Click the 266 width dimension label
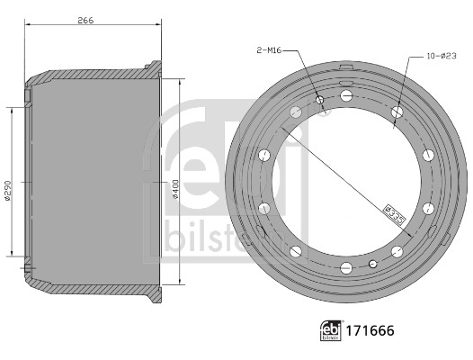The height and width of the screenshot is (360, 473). (85, 20)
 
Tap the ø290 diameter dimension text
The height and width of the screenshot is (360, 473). (8, 191)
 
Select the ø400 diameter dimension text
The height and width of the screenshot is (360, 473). (175, 189)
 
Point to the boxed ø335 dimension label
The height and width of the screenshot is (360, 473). (395, 215)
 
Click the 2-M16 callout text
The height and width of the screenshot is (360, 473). (269, 50)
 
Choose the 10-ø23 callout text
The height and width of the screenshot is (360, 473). (442, 56)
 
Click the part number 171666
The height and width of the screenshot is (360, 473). (370, 330)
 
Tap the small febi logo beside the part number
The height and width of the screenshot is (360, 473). (331, 330)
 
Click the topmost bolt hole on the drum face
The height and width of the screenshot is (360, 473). (346, 96)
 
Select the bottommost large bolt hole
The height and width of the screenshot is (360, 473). (346, 268)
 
